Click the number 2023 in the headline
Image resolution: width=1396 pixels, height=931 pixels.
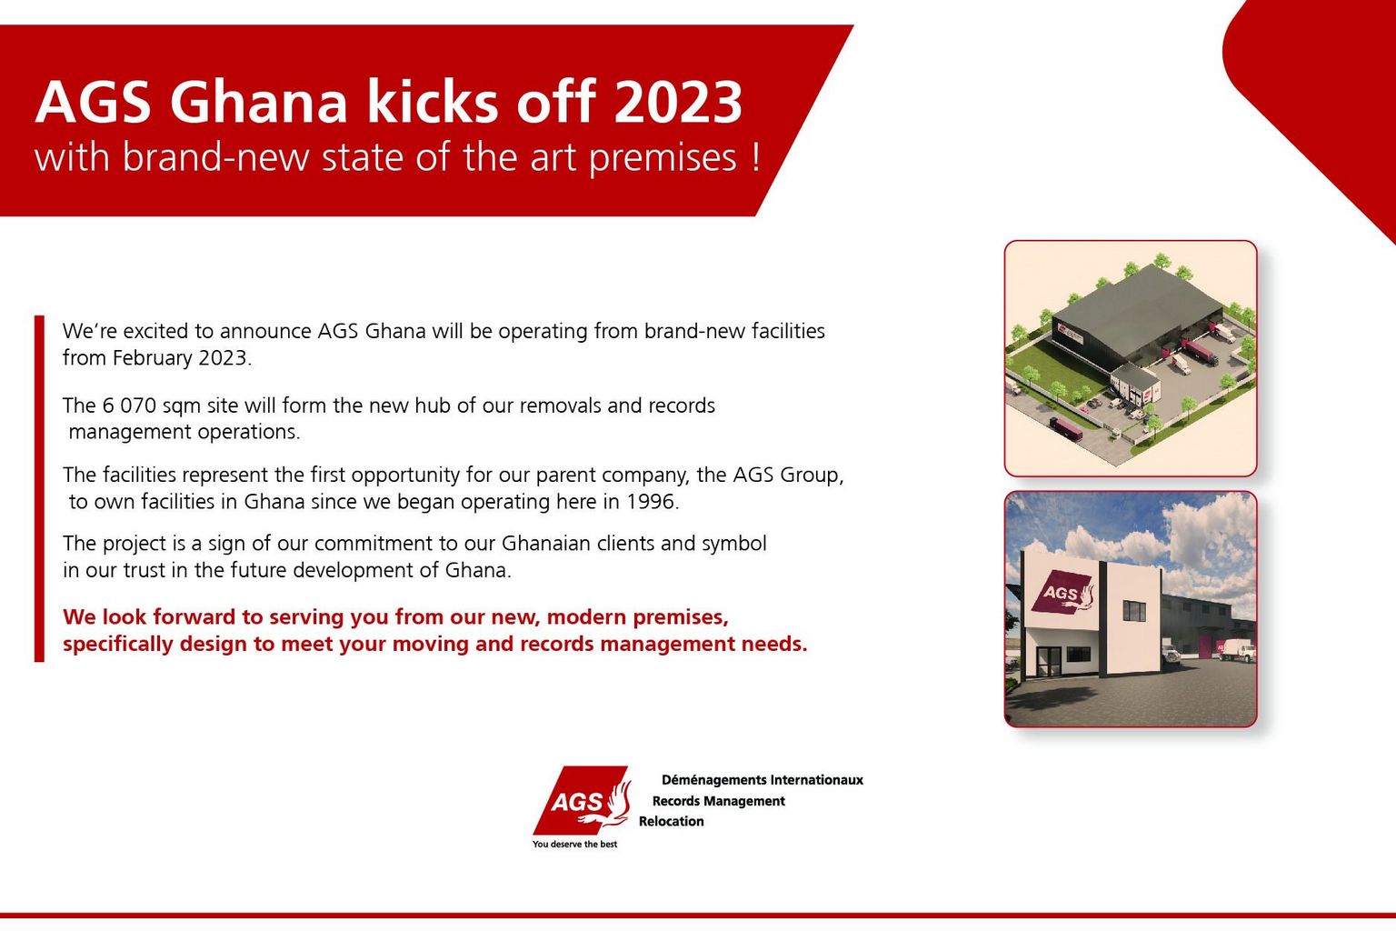tap(678, 102)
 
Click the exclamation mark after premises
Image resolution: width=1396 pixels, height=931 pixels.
tap(756, 157)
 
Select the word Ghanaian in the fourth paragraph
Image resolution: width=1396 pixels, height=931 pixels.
tap(545, 544)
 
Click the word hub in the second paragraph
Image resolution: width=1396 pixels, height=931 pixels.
tap(433, 405)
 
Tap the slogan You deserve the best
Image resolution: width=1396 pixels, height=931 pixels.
tap(574, 845)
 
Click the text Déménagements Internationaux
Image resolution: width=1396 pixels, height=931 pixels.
tap(762, 780)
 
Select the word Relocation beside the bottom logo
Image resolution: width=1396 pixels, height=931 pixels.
tap(671, 822)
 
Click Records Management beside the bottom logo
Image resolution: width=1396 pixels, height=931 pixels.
tap(718, 801)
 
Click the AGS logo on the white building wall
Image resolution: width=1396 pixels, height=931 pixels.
tap(1062, 593)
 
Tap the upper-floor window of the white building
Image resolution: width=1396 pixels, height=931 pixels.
tap(1134, 611)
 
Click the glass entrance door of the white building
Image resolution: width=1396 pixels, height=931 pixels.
tap(1045, 663)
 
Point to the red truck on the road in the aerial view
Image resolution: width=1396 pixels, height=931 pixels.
tap(1065, 426)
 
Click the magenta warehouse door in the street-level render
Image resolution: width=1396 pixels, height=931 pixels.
tap(1206, 646)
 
